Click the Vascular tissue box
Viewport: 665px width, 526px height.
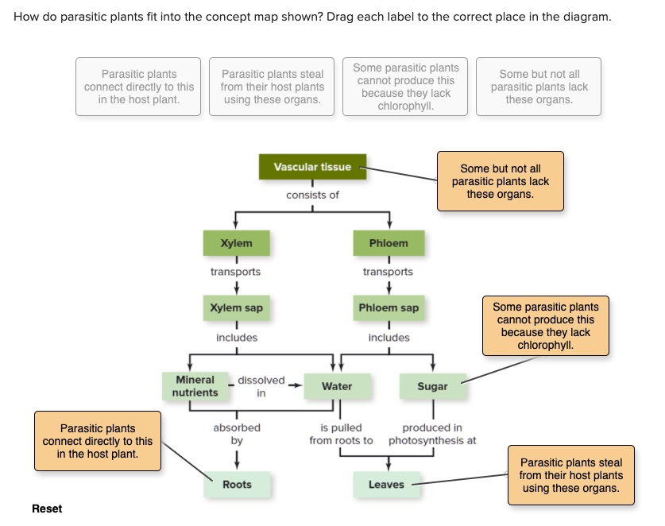[x=312, y=167]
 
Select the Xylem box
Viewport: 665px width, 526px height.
[x=236, y=243]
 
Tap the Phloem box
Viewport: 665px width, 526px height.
[x=389, y=243]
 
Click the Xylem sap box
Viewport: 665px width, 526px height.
[x=236, y=307]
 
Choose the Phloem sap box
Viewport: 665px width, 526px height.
[x=389, y=307]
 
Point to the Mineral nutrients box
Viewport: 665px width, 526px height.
[x=195, y=386]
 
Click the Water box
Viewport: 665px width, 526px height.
[x=337, y=386]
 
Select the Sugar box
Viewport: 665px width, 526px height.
[x=432, y=386]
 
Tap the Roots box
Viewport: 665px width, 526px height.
[x=237, y=485]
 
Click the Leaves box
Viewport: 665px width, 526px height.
[x=386, y=485]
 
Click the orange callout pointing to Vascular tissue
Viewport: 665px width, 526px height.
[x=500, y=181]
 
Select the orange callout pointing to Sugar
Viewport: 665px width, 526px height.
[x=546, y=326]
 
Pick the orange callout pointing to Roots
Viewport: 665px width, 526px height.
[x=97, y=441]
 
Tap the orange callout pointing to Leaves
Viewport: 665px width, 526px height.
[x=570, y=474]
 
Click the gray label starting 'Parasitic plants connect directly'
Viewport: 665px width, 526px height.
[x=139, y=87]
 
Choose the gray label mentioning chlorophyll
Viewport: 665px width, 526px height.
[x=405, y=87]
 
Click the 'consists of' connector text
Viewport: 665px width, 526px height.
[x=312, y=195]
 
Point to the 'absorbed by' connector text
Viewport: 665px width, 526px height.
[x=237, y=433]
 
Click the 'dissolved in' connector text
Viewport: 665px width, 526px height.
[x=261, y=386]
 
